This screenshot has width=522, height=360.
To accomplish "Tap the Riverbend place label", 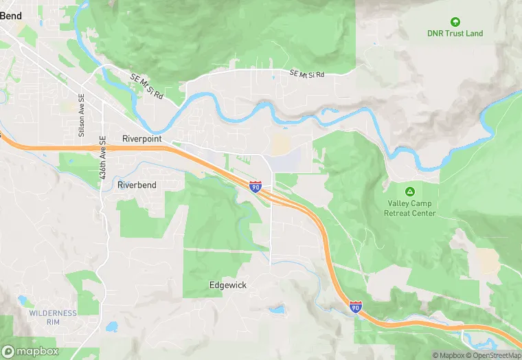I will click(x=137, y=185).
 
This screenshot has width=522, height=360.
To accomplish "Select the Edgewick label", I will click(x=227, y=284).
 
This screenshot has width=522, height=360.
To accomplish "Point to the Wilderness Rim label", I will click(x=53, y=317).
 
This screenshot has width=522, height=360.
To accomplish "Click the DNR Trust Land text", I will click(x=455, y=33).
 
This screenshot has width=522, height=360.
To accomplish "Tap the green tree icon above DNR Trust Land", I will click(x=455, y=21).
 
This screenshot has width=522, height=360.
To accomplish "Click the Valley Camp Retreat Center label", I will click(x=410, y=208).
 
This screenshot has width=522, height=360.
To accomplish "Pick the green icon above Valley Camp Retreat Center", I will click(x=410, y=191).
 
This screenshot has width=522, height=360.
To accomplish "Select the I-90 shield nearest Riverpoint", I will click(x=255, y=186).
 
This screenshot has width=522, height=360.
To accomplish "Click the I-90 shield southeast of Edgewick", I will click(x=355, y=308).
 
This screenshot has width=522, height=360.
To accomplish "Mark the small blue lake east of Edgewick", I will click(x=277, y=310).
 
